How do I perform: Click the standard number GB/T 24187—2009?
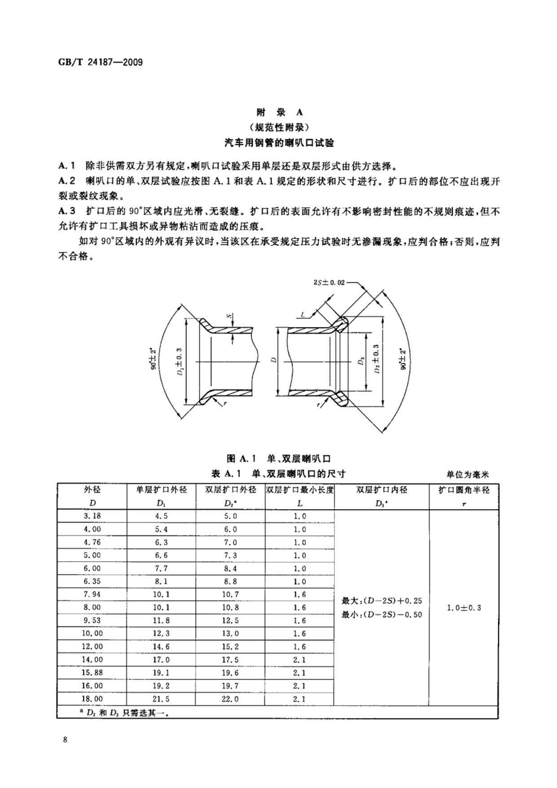101,62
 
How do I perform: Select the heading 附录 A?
279,112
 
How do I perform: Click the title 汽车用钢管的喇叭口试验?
279,143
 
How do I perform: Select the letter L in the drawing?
303,315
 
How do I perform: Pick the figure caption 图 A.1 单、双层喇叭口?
279,458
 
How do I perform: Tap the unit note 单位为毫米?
467,474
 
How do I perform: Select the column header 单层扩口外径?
161,489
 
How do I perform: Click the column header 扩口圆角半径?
464,490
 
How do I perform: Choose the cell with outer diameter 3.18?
92,516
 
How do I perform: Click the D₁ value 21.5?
162,699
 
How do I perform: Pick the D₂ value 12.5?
230,621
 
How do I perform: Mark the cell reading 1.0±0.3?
464,608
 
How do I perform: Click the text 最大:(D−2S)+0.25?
382,600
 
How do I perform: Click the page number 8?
66,740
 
